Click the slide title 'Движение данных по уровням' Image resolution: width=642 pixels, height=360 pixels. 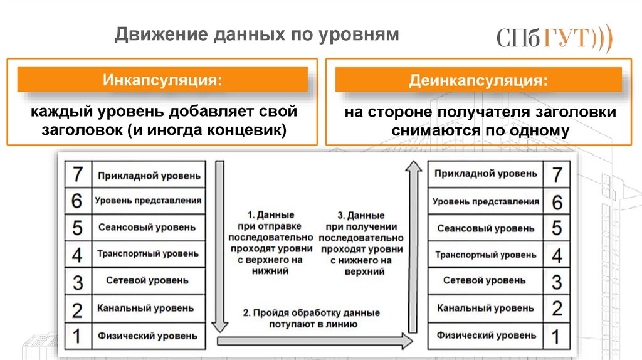pyautogui.click(x=256, y=34)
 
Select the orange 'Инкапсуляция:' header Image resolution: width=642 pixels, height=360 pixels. pyautogui.click(x=162, y=80)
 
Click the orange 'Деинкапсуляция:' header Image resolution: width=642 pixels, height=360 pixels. pyautogui.click(x=478, y=81)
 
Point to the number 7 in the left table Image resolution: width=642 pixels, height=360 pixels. pyautogui.click(x=78, y=174)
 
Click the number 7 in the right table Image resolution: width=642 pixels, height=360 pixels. pyautogui.click(x=557, y=174)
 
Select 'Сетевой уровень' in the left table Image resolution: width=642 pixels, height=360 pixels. pyautogui.click(x=147, y=280)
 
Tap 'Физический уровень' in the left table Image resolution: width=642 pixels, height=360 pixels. pyautogui.click(x=147, y=336)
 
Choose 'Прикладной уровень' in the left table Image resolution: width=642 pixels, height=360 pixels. pyautogui.click(x=149, y=175)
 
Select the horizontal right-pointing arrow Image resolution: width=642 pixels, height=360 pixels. pyautogui.click(x=313, y=341)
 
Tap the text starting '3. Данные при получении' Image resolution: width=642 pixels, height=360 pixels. pyautogui.click(x=360, y=243)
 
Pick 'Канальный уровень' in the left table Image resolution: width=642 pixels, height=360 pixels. pyautogui.click(x=147, y=308)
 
